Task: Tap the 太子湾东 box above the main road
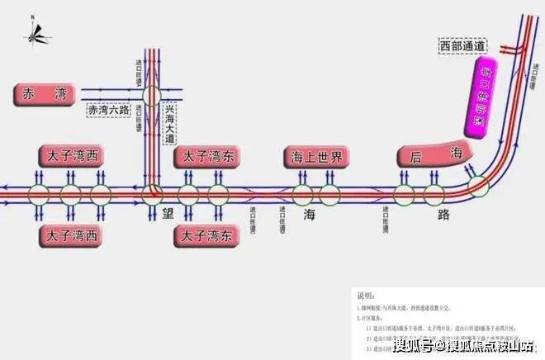(206, 156)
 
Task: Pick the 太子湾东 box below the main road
(206, 235)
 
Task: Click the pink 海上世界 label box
(317, 157)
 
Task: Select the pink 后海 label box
(436, 154)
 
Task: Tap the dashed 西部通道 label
(463, 47)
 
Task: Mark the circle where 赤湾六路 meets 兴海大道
(150, 95)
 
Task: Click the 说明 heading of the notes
(366, 295)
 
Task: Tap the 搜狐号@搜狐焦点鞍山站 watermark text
(465, 343)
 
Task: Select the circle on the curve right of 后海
(476, 186)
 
